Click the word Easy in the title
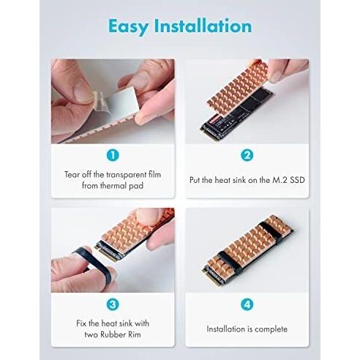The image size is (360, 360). (x=129, y=27)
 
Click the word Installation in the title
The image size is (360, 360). (x=203, y=26)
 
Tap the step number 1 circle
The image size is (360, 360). (x=113, y=155)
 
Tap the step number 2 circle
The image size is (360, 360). (x=247, y=155)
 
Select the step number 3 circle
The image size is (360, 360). (x=113, y=304)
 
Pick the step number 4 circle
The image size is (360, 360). (x=247, y=304)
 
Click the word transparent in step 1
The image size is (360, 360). (x=127, y=175)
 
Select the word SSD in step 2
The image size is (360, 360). (x=297, y=180)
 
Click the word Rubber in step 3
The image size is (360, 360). (x=110, y=334)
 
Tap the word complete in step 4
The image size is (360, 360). (x=271, y=329)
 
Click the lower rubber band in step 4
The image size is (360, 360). (x=230, y=262)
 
